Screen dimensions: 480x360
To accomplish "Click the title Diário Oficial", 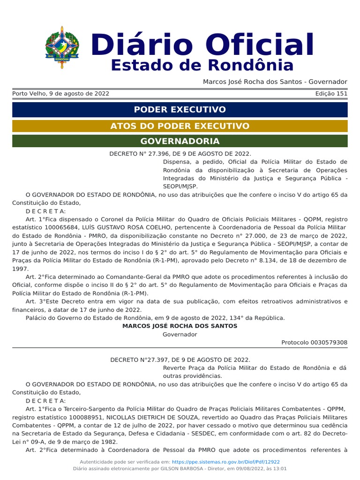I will coord(202,45).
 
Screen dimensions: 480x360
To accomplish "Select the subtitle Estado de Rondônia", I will coord(202,66).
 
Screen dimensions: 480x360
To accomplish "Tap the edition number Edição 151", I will coord(331,94).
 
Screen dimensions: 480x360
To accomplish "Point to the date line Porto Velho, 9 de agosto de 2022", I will coord(60,94).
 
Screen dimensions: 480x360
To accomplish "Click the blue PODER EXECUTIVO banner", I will coord(180,110).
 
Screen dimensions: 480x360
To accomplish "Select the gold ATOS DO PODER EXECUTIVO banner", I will coord(180,126).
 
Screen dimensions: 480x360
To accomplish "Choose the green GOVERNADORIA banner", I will coord(180,141).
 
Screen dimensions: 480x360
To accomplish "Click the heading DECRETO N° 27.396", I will coord(180,154).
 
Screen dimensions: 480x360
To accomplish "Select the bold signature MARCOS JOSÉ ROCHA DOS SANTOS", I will coord(180,326).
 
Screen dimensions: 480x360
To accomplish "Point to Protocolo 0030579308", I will coord(314,343).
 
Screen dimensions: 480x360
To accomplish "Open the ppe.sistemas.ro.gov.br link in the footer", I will coord(226,462).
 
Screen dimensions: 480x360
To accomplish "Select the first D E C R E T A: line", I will coord(46,211).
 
